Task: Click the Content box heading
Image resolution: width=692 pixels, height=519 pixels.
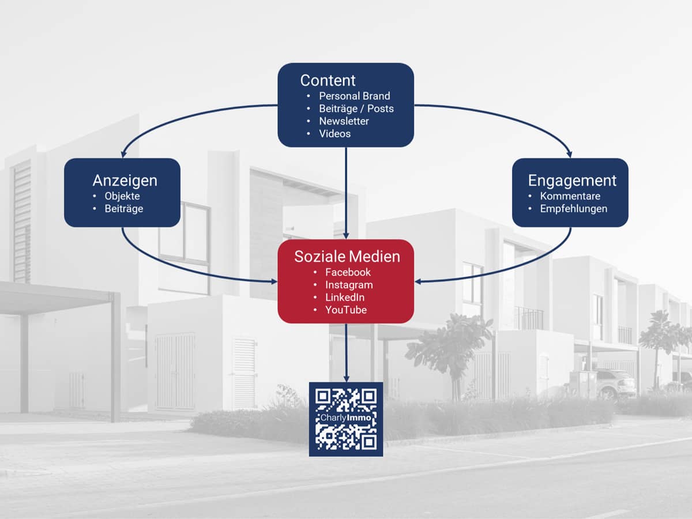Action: pyautogui.click(x=328, y=80)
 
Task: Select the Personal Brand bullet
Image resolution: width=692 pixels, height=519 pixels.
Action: pyautogui.click(x=354, y=96)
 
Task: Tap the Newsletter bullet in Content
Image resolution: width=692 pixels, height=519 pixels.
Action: pyautogui.click(x=344, y=121)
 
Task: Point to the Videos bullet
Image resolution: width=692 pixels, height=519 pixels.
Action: pyautogui.click(x=335, y=134)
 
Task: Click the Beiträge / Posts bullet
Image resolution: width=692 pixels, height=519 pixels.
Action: pyautogui.click(x=356, y=108)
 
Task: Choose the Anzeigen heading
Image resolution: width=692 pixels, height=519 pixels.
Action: pyautogui.click(x=125, y=180)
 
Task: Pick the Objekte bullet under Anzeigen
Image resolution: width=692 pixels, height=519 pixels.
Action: pyautogui.click(x=122, y=196)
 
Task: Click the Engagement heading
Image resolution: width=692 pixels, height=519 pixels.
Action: pyautogui.click(x=572, y=180)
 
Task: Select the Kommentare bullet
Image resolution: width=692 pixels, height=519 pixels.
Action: pyautogui.click(x=570, y=196)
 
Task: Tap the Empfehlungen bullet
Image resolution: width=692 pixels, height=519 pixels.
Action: pyautogui.click(x=573, y=209)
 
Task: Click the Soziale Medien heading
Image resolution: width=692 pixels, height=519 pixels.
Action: pyautogui.click(x=347, y=257)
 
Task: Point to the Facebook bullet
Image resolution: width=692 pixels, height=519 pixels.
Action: pyautogui.click(x=348, y=272)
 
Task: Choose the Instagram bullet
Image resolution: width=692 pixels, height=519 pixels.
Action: pyautogui.click(x=349, y=285)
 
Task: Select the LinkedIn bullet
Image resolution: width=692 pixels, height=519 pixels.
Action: pyautogui.click(x=345, y=297)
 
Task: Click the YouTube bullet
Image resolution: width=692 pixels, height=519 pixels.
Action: pyautogui.click(x=346, y=310)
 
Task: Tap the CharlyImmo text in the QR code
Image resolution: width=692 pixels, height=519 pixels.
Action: pyautogui.click(x=346, y=418)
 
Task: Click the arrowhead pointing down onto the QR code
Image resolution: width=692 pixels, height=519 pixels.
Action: pyautogui.click(x=346, y=378)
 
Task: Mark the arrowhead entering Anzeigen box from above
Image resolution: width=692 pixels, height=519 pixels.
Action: pyautogui.click(x=123, y=154)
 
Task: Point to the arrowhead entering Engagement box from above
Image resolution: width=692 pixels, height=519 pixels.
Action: pyautogui.click(x=569, y=154)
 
